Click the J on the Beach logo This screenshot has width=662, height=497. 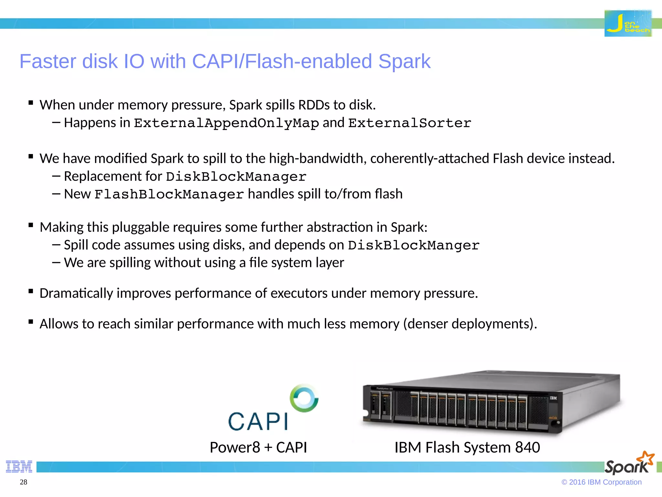(628, 23)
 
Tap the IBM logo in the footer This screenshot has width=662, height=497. (19, 466)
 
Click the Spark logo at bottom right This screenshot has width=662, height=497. (629, 463)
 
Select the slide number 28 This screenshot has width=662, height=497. (24, 482)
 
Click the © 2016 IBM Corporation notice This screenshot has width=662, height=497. (601, 482)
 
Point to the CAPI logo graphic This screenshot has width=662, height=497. (273, 408)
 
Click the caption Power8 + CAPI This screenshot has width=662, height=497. (258, 447)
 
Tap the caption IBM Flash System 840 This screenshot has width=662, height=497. (467, 447)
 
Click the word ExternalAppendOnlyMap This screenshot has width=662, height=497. (226, 123)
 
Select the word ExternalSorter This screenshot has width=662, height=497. (410, 123)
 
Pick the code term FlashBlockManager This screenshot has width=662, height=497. (169, 194)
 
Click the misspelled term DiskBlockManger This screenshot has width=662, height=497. (413, 245)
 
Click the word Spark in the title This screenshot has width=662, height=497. (404, 61)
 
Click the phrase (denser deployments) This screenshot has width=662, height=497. (470, 324)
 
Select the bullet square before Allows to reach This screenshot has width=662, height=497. (31, 322)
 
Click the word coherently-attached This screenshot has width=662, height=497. (430, 159)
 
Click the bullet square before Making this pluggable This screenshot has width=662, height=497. (31, 225)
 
